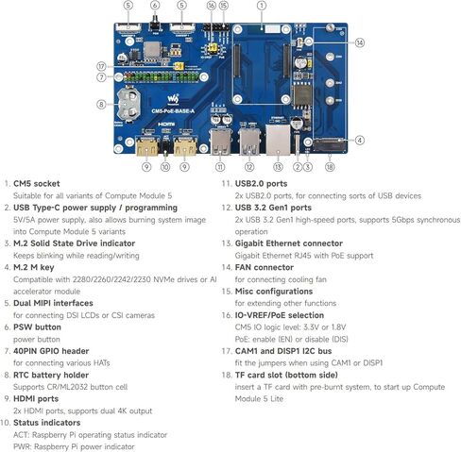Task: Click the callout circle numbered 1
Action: tap(262, 6)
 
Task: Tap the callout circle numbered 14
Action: tap(360, 42)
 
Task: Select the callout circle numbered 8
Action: tap(101, 104)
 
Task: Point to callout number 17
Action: tap(101, 66)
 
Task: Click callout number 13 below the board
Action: tap(278, 167)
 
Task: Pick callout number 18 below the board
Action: tap(330, 167)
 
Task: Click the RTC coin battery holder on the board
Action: tap(128, 104)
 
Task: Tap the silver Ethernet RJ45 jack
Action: tap(278, 140)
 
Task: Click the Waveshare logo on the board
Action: tap(173, 99)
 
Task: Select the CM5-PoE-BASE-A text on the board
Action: tap(173, 111)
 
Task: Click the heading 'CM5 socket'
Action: tap(37, 184)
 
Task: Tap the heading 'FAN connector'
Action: tap(265, 267)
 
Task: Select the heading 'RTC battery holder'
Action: tap(51, 375)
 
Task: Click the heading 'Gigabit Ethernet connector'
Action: tap(289, 243)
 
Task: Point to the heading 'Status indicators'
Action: tap(47, 423)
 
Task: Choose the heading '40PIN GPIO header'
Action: tap(51, 351)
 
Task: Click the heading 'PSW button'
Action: tap(37, 327)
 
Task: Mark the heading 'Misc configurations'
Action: tap(274, 292)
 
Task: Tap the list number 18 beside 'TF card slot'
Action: tap(227, 375)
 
